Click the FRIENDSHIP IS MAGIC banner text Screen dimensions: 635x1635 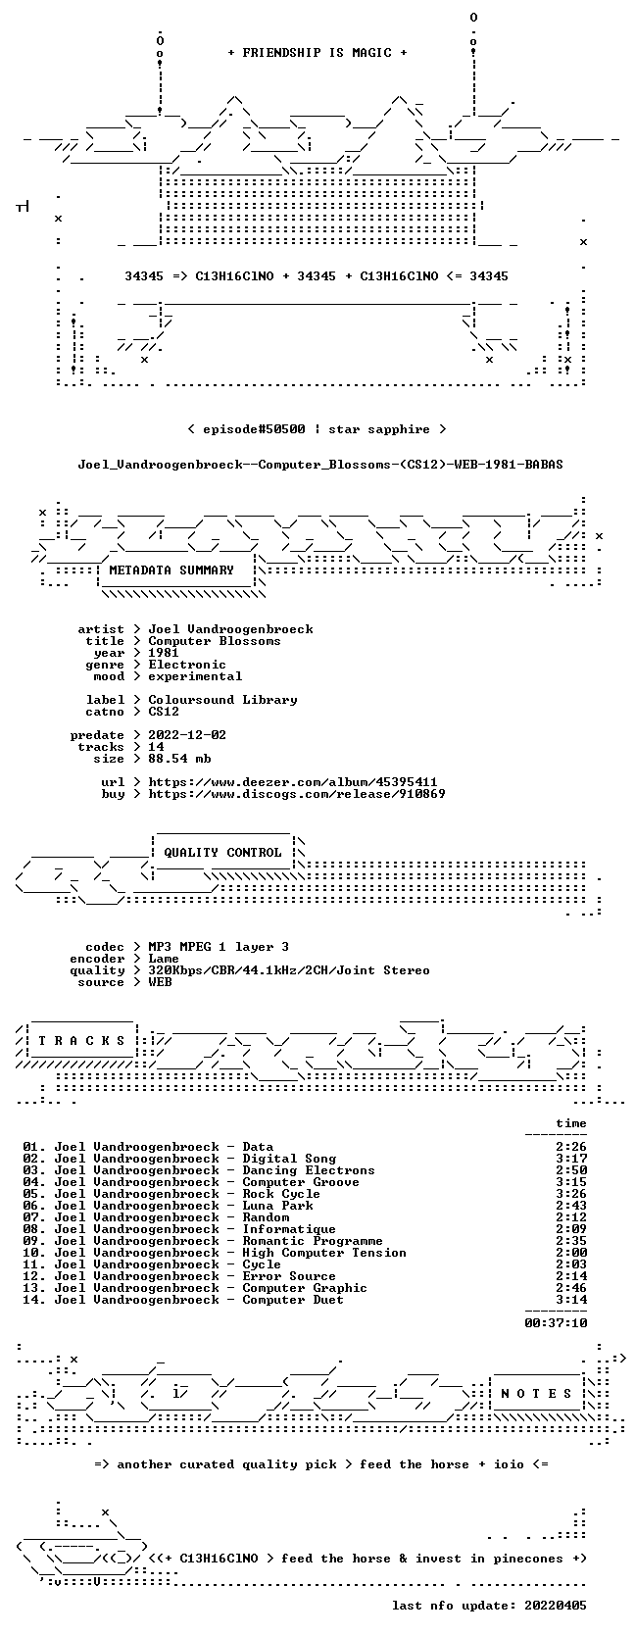click(x=317, y=53)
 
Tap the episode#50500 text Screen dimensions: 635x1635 click(x=254, y=429)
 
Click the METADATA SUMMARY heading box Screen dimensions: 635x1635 click(x=175, y=570)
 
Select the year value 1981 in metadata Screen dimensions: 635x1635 click(x=164, y=653)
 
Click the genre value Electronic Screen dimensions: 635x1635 click(x=187, y=665)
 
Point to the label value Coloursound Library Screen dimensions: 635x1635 click(x=222, y=699)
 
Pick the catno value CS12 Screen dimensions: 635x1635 click(x=164, y=711)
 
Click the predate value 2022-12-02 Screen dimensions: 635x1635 click(x=187, y=734)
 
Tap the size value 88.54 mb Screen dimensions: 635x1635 click(x=179, y=758)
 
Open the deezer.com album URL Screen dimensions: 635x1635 click(x=293, y=782)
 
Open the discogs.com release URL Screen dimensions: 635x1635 click(x=296, y=793)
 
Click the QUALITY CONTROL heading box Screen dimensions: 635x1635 click(x=222, y=852)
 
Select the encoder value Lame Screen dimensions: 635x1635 click(x=164, y=959)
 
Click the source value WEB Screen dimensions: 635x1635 click(x=160, y=982)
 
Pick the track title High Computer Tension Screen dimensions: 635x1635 click(x=324, y=1253)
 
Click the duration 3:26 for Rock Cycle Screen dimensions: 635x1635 click(x=570, y=1193)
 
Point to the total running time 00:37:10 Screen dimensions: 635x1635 click(x=556, y=1322)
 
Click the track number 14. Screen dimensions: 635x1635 click(x=33, y=1299)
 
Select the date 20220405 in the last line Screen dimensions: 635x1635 click(x=556, y=1605)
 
